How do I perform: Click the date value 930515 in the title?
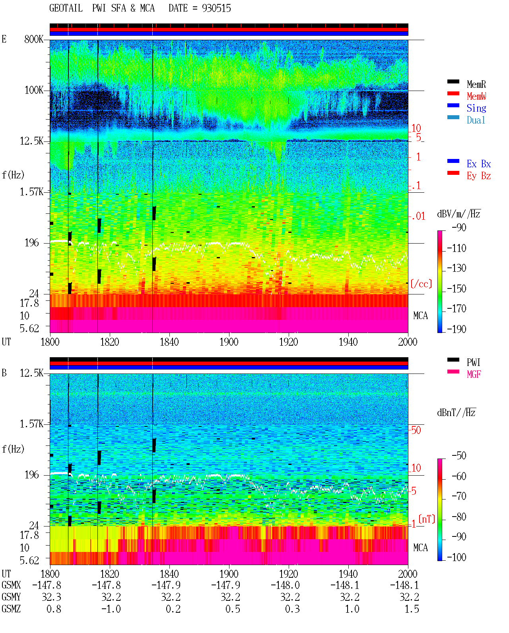pos(216,8)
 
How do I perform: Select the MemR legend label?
pos(476,84)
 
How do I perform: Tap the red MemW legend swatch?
pos(453,93)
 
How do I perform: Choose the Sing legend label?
pos(476,108)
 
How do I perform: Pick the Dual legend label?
pos(476,120)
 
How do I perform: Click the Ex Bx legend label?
pos(479,164)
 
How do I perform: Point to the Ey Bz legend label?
pos(479,176)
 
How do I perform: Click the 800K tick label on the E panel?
pos(34,39)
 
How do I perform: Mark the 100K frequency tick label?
pos(34,90)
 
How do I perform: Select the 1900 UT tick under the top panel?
pos(229,342)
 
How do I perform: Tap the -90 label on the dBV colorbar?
pos(459,227)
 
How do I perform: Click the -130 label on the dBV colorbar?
pos(457,268)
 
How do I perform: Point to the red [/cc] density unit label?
pos(421,284)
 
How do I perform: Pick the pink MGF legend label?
pos(474,374)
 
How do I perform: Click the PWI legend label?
pos(473,362)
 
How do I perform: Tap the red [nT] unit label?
pos(427,519)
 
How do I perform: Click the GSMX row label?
pos(11,585)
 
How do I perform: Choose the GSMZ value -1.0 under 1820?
pos(111,609)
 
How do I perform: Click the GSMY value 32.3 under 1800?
pos(52,597)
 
